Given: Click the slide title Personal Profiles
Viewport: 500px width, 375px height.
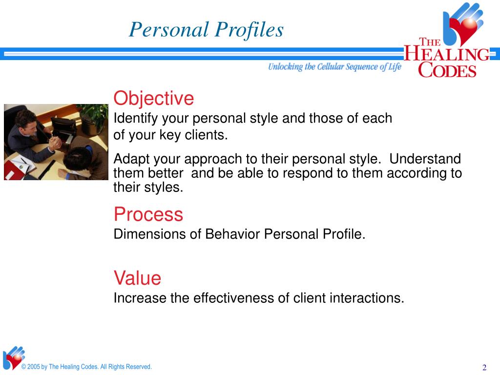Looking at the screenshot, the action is (x=206, y=30).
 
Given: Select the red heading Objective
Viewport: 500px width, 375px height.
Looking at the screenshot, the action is (x=154, y=99).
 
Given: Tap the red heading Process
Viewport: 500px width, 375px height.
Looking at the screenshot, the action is (x=148, y=214).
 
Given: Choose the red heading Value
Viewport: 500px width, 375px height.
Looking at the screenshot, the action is (x=137, y=278).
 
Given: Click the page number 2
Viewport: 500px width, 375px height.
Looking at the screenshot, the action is (x=484, y=367).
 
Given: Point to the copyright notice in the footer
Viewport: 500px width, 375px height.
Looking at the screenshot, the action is (x=86, y=367).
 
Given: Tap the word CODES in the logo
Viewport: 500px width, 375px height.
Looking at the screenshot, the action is (x=447, y=70).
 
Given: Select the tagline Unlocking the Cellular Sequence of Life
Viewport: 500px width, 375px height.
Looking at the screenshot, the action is (x=334, y=66).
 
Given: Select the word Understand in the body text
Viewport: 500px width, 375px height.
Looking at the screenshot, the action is (x=425, y=159).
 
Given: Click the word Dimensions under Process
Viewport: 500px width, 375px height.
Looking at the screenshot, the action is (x=149, y=234).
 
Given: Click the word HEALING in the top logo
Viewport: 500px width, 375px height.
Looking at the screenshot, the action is (x=446, y=54).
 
